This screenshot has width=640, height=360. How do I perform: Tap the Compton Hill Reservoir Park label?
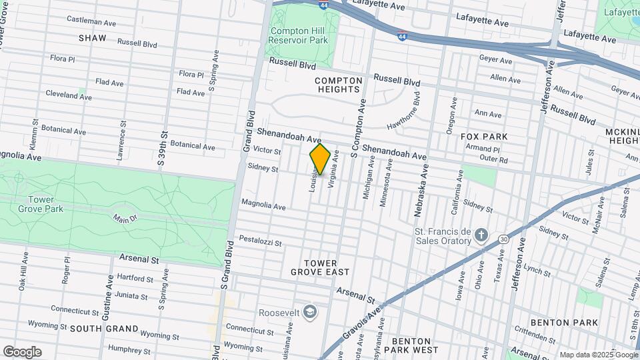[x=298, y=35]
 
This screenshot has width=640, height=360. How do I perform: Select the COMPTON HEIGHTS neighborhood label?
[x=339, y=85]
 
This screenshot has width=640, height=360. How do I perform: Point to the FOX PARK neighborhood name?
[x=484, y=137]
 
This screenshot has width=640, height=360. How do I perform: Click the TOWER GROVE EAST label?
[x=319, y=267]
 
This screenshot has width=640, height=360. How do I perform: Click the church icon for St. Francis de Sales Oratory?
[x=482, y=235]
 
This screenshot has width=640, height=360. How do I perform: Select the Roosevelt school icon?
[x=309, y=312]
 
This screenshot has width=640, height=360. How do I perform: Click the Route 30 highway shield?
[x=503, y=239]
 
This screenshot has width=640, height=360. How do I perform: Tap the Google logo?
[x=22, y=351]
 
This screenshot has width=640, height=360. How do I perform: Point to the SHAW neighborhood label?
[x=92, y=38]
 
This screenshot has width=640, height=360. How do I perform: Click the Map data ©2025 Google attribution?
[x=598, y=355]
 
